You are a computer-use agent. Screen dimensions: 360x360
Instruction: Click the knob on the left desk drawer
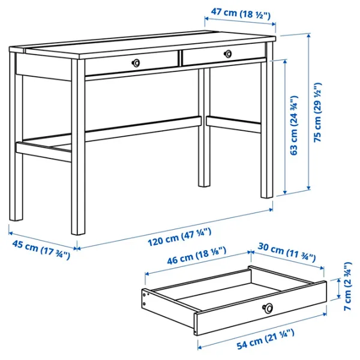pos(137,62)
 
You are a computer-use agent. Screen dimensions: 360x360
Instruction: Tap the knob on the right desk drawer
pos(227,54)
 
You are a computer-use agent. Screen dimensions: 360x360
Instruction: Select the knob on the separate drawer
pos(268,308)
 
